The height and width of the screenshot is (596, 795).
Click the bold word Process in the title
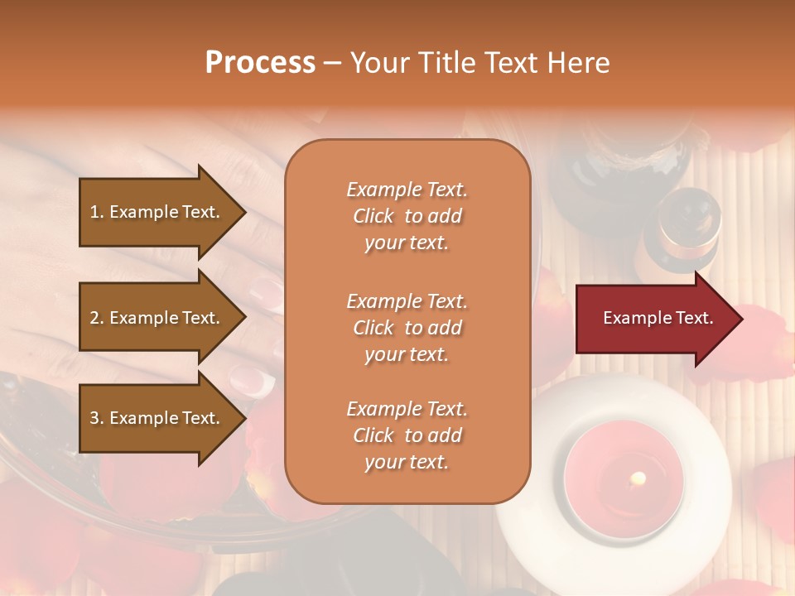[x=260, y=63]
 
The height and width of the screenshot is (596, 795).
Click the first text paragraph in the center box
[x=407, y=216]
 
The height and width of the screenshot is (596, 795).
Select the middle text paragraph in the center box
[x=407, y=328]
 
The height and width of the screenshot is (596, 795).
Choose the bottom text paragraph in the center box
[x=407, y=435]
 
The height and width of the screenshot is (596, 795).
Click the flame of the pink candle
[x=638, y=478]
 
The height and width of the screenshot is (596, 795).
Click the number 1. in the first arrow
[x=97, y=212]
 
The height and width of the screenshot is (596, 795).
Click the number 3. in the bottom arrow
[x=97, y=418]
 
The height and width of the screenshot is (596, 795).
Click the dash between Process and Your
[x=333, y=63]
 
